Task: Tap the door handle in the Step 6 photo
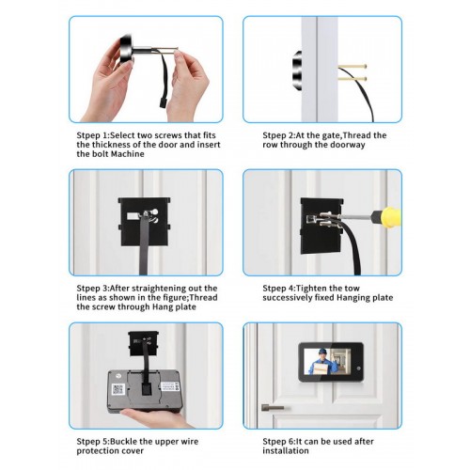[x=273, y=408]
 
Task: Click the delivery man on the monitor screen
[x=321, y=361]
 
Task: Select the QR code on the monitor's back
[x=117, y=389]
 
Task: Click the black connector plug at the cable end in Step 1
[x=162, y=102]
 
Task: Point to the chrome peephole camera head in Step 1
[x=127, y=49]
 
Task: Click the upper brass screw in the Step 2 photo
[x=352, y=67]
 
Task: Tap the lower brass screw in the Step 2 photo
[x=352, y=79]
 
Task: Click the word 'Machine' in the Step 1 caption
[x=128, y=154]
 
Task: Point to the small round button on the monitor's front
[x=358, y=368]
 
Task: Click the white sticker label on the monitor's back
[x=170, y=386]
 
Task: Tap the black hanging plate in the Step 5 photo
[x=143, y=343]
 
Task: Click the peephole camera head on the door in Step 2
[x=297, y=70]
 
